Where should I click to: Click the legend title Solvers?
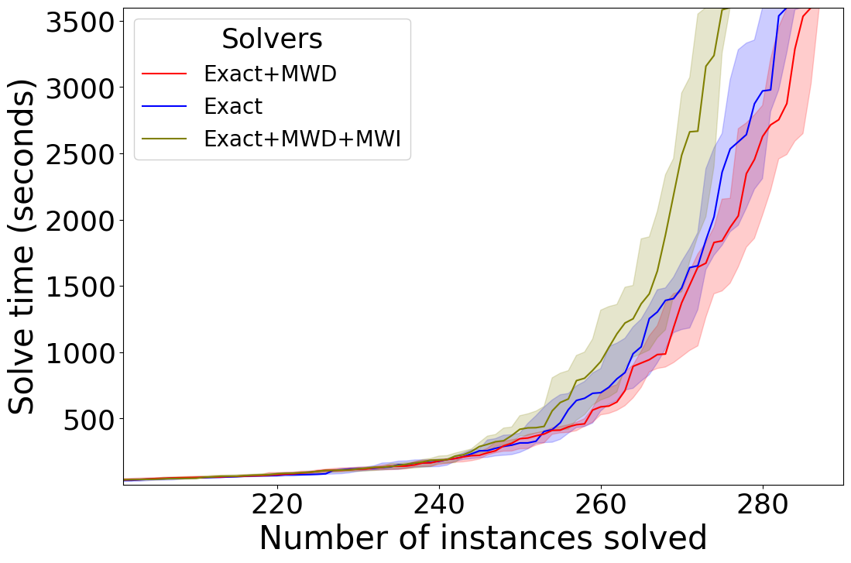click(272, 39)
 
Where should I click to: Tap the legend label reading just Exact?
click(233, 106)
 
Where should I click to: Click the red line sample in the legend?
click(165, 74)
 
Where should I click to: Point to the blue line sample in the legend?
click(165, 106)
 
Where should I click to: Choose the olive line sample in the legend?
click(165, 139)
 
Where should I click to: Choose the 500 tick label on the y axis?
click(92, 419)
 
